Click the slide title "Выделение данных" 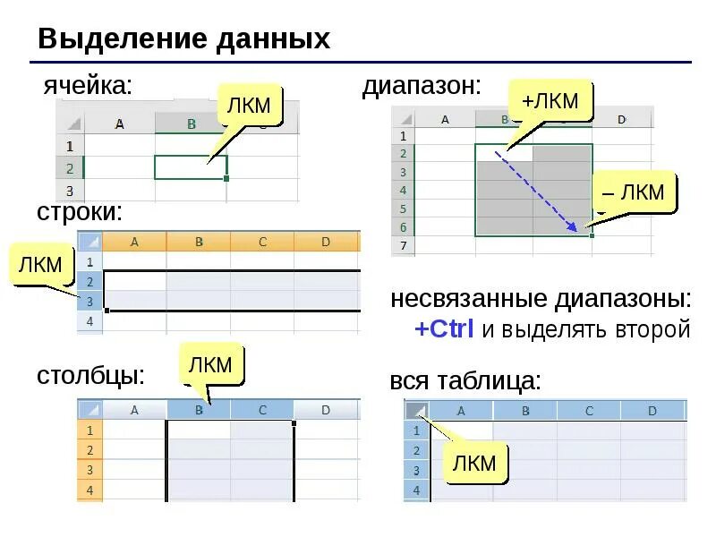click(x=183, y=39)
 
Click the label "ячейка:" click(x=88, y=86)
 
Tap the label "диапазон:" click(x=422, y=86)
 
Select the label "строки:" click(x=79, y=212)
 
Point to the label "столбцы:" click(x=90, y=375)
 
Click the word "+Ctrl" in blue click(x=444, y=329)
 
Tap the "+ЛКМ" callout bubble click(x=550, y=101)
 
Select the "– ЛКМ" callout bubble click(x=635, y=192)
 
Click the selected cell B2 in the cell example click(x=191, y=167)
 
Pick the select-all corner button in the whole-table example click(x=416, y=411)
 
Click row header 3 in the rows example click(x=89, y=300)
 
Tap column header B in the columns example click(x=199, y=410)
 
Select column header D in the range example click(x=621, y=118)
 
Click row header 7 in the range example click(x=403, y=245)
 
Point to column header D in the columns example click(x=326, y=410)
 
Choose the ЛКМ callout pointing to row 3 click(x=41, y=264)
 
